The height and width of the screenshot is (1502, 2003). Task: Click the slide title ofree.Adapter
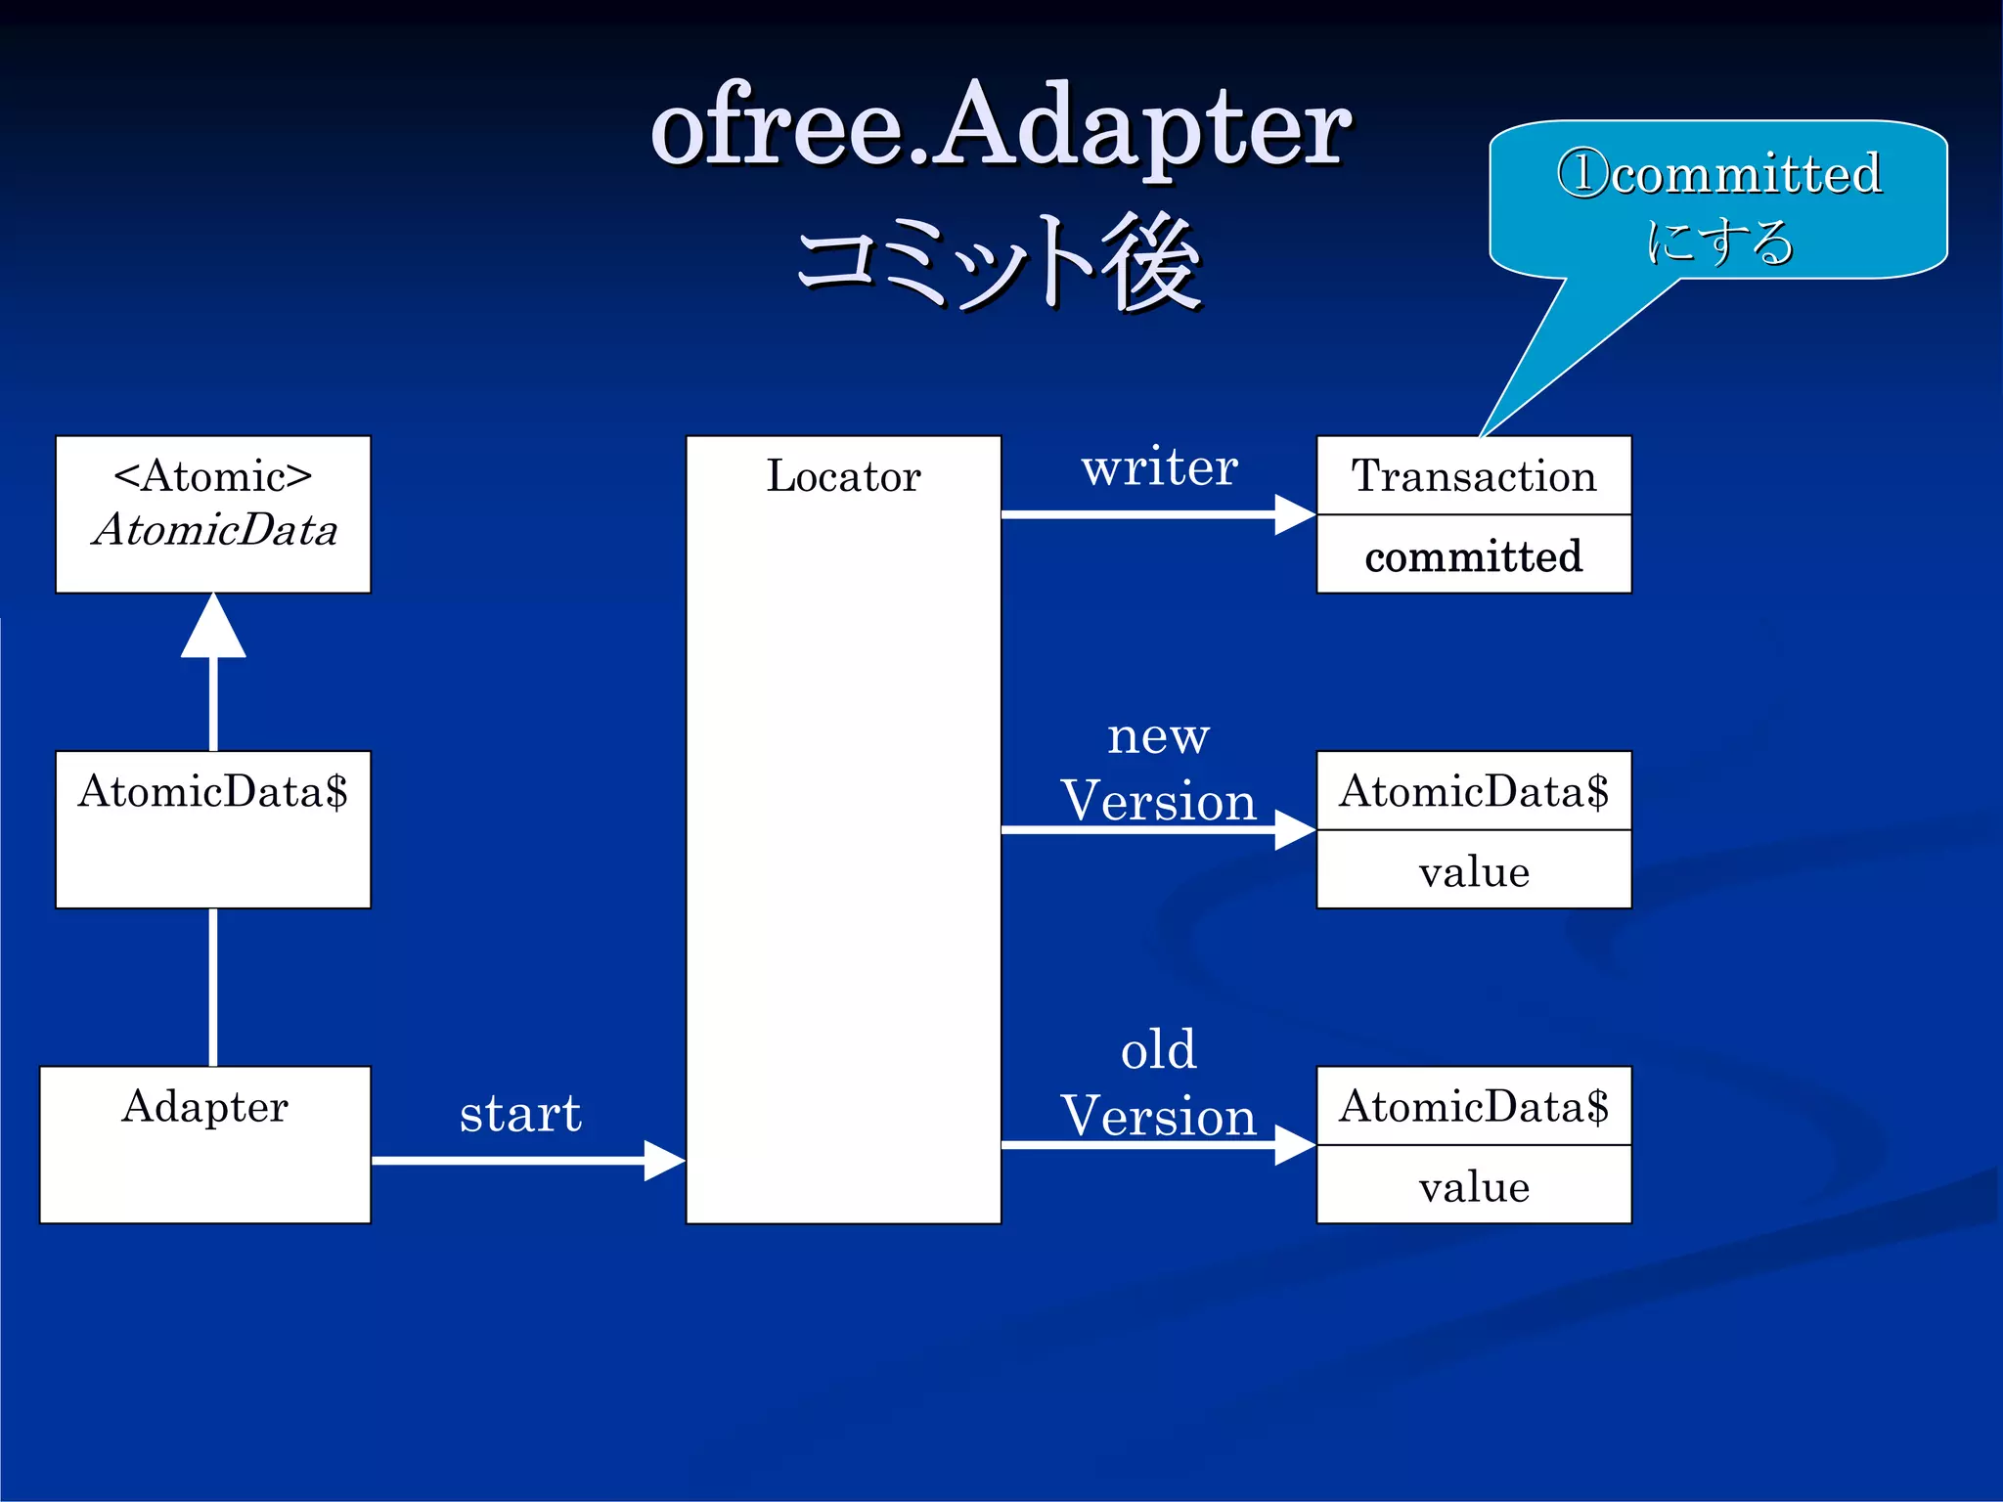point(1000,127)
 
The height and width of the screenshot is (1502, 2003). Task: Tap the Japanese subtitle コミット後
point(1000,262)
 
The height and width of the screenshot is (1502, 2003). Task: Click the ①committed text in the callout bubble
point(1718,174)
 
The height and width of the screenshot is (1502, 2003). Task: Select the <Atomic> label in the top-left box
point(212,476)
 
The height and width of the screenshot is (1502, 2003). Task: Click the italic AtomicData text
point(214,530)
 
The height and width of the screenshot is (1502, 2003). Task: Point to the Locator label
point(843,476)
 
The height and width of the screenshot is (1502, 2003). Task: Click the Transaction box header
point(1473,476)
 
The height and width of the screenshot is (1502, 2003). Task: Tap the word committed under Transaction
point(1473,555)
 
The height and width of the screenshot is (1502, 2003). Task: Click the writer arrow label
point(1159,467)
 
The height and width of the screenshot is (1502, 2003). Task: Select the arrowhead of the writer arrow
point(1294,514)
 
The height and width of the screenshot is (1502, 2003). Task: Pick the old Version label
point(1158,1083)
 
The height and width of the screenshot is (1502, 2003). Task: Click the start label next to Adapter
point(520,1113)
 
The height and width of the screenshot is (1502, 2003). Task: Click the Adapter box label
point(204,1106)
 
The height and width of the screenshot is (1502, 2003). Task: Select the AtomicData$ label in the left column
point(212,791)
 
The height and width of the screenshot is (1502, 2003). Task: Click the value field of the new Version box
point(1473,870)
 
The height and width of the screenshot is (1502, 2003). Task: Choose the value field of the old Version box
point(1473,1186)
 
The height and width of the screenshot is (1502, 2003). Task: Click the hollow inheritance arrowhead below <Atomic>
point(213,628)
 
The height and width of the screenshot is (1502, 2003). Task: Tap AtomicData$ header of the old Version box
point(1473,1106)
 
